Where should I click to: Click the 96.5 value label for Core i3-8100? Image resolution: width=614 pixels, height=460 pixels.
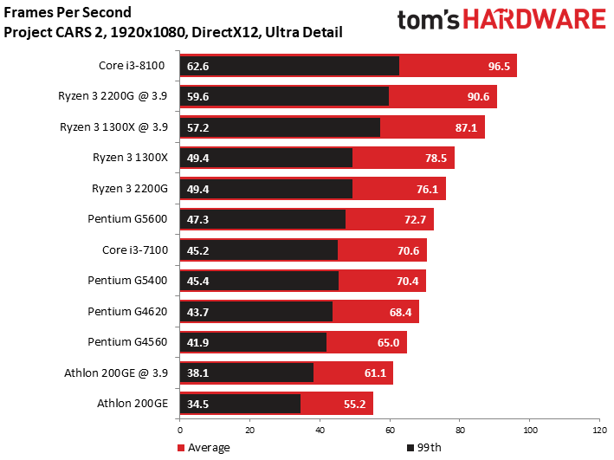pyautogui.click(x=499, y=66)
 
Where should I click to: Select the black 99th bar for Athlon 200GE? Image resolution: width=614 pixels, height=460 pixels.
pyautogui.click(x=240, y=404)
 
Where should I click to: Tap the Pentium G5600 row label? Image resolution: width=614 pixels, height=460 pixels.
pyautogui.click(x=127, y=218)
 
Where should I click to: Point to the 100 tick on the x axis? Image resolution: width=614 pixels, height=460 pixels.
pyautogui.click(x=530, y=431)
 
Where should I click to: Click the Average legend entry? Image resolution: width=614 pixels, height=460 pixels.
pyautogui.click(x=204, y=448)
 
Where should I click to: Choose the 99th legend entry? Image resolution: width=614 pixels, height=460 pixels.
pyautogui.click(x=424, y=448)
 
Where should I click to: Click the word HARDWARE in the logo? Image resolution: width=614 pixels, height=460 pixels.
pyautogui.click(x=535, y=19)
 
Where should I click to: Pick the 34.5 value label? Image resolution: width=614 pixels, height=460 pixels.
pyautogui.click(x=197, y=404)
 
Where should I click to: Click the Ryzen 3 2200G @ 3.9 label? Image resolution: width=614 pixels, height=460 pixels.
pyautogui.click(x=113, y=96)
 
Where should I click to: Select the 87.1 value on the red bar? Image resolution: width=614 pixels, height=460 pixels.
pyautogui.click(x=466, y=127)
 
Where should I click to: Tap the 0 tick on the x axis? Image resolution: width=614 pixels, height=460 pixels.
pyautogui.click(x=180, y=431)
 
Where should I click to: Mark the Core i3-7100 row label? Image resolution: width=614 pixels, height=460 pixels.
pyautogui.click(x=135, y=249)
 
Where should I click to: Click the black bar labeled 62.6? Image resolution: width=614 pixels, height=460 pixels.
pyautogui.click(x=289, y=66)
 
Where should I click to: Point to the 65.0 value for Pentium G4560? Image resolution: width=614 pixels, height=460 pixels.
pyautogui.click(x=388, y=343)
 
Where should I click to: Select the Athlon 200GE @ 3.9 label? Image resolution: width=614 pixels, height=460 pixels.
pyautogui.click(x=116, y=373)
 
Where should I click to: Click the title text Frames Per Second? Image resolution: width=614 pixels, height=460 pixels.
pyautogui.click(x=68, y=12)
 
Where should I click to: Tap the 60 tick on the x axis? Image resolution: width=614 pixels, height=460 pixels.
pyautogui.click(x=390, y=431)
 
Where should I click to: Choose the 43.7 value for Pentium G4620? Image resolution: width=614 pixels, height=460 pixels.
pyautogui.click(x=197, y=312)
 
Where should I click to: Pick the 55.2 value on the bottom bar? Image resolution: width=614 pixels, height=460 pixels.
pyautogui.click(x=354, y=404)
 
